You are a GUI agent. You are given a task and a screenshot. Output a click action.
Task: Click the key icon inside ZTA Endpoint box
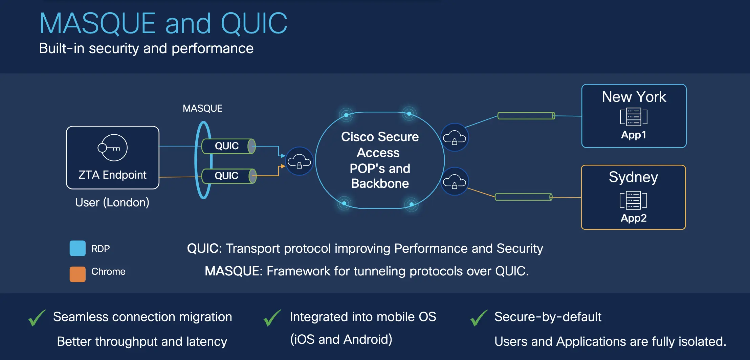(x=112, y=148)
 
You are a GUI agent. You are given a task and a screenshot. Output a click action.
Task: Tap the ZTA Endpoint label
(x=112, y=175)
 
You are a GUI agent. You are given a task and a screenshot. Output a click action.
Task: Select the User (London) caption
(x=112, y=202)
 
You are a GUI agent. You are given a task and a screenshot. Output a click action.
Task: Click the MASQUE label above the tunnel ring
(x=202, y=108)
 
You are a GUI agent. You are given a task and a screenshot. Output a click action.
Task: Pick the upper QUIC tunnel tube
(x=228, y=146)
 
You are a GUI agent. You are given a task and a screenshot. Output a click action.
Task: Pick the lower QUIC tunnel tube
(x=228, y=176)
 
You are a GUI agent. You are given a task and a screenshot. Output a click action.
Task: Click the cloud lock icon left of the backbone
(x=299, y=161)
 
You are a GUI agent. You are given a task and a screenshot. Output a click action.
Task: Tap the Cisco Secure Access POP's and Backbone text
(x=380, y=160)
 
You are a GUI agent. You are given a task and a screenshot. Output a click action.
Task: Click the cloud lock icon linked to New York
(x=455, y=137)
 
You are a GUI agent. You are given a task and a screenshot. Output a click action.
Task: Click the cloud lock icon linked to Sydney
(x=455, y=181)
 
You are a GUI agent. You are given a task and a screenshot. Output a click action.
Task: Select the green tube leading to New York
(x=526, y=116)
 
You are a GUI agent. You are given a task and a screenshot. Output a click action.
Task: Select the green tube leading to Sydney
(x=523, y=197)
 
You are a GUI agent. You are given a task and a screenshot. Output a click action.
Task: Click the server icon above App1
(x=634, y=117)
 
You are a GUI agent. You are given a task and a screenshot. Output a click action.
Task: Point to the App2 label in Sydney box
(x=634, y=218)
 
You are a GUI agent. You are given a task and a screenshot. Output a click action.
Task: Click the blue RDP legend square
(x=78, y=248)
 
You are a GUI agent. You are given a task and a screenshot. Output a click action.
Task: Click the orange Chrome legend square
(x=78, y=274)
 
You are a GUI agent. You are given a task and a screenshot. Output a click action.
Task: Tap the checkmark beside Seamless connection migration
(x=37, y=318)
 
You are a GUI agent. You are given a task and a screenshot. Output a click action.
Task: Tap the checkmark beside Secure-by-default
(x=479, y=318)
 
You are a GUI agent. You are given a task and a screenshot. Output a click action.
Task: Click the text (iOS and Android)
(x=341, y=339)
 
